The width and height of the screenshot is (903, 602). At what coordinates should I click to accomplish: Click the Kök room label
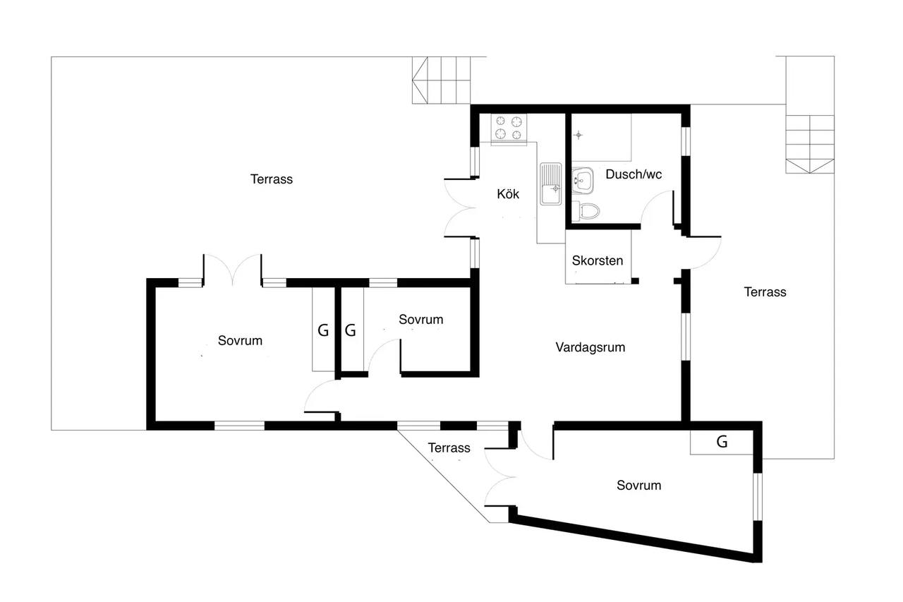[x=508, y=194]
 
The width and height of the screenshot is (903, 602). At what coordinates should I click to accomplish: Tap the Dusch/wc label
[x=634, y=174]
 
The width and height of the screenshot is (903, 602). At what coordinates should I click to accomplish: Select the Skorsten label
[x=598, y=260]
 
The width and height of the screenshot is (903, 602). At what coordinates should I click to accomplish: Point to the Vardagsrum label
[x=590, y=347]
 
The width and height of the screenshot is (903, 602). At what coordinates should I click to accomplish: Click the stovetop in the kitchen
[x=509, y=128]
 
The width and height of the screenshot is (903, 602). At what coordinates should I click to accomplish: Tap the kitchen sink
[x=551, y=184]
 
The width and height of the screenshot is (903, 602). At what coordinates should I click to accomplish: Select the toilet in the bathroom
[x=586, y=211]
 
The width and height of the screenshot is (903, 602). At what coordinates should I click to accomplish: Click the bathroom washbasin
[x=583, y=181]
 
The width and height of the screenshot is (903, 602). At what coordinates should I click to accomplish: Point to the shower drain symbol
[x=578, y=135]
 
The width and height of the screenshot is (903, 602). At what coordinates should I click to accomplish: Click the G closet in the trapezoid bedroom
[x=722, y=442]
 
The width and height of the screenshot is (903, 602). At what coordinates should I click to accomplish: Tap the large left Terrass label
[x=272, y=179]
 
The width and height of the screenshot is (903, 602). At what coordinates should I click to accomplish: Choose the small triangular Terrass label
[x=449, y=448]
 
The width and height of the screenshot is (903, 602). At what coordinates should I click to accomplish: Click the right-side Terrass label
[x=765, y=292]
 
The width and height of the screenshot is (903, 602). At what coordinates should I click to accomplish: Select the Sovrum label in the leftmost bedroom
[x=240, y=341]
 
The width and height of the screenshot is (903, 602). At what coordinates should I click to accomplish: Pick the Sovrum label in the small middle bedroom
[x=421, y=319]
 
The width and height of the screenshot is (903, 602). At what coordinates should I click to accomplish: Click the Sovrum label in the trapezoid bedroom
[x=639, y=485]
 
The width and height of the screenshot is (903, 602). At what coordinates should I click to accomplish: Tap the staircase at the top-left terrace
[x=442, y=80]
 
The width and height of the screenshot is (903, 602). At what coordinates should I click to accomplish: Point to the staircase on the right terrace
[x=810, y=144]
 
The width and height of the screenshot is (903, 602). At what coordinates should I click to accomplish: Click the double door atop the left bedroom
[x=233, y=270]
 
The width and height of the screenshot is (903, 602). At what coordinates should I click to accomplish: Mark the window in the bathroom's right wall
[x=686, y=141]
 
